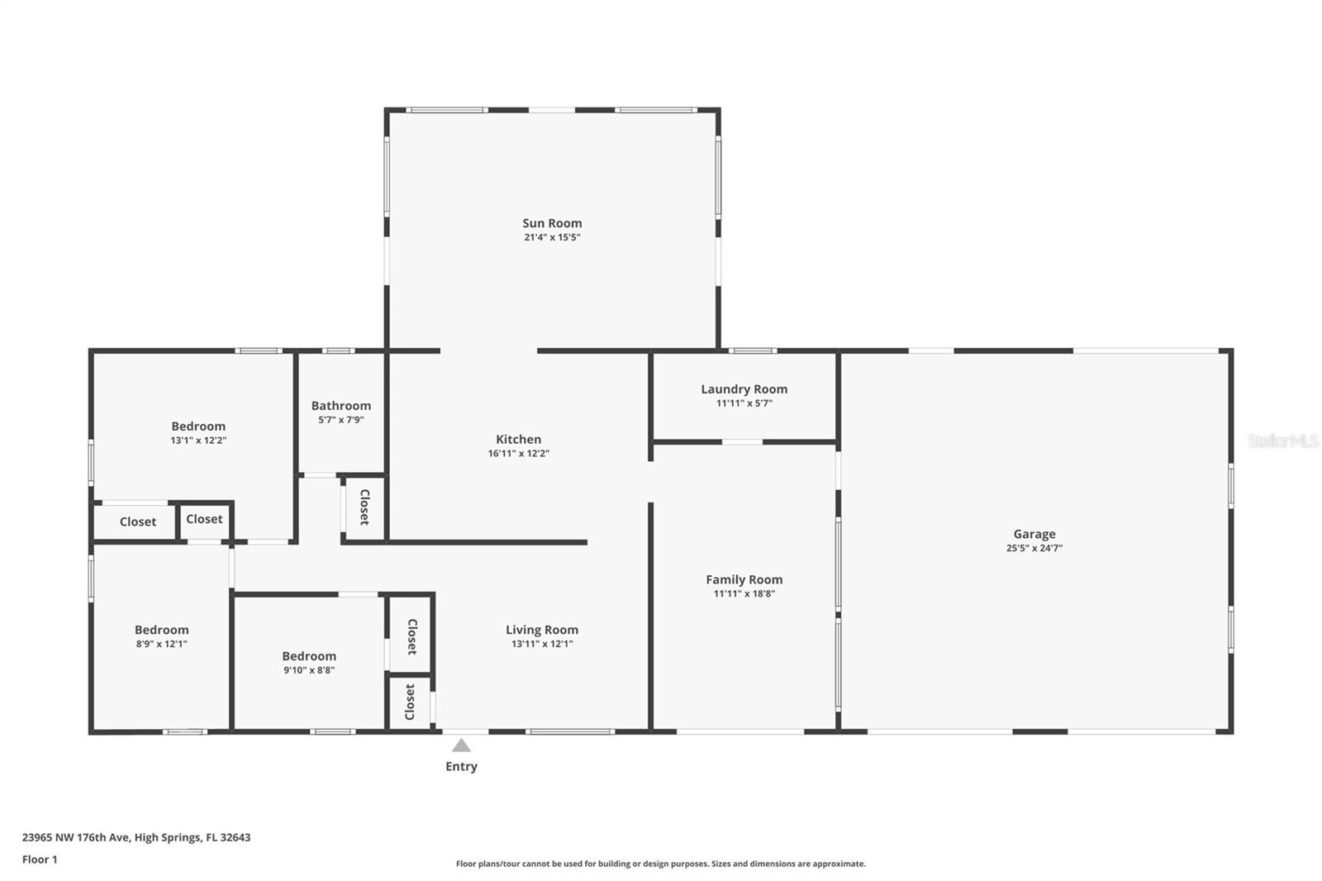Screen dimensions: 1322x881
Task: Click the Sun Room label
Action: (552, 223)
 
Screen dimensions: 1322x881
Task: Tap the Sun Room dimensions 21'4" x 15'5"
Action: (552, 237)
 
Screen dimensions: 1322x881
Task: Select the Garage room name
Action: (1034, 535)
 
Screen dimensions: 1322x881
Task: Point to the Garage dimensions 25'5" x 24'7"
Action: (1034, 548)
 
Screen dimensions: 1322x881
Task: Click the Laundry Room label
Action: (744, 389)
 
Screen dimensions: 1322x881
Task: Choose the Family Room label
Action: (744, 580)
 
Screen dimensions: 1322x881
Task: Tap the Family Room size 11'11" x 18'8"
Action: (744, 594)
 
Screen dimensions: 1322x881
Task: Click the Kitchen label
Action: (518, 440)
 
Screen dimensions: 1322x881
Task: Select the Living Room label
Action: (542, 630)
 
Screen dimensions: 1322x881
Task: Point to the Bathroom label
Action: (341, 406)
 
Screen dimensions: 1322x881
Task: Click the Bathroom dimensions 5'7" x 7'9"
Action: (341, 420)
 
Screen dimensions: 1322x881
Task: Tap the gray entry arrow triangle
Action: (461, 745)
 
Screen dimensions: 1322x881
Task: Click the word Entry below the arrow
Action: (461, 766)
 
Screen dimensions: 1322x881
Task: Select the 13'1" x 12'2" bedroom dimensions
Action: (198, 440)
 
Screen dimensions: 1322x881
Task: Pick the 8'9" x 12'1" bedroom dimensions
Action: (161, 644)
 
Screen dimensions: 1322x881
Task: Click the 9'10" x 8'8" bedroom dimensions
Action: (309, 670)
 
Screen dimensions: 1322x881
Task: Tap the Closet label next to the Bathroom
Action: (364, 507)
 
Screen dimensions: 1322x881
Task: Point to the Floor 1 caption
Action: (40, 860)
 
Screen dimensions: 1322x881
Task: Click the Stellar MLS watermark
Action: (1282, 441)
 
